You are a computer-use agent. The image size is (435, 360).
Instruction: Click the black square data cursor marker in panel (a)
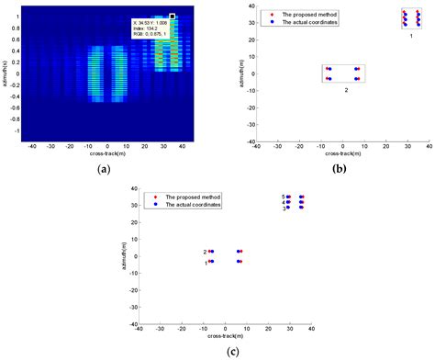click(172, 16)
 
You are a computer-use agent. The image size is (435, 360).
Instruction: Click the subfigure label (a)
click(103, 167)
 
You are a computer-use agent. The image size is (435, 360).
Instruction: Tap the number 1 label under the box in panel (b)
click(410, 34)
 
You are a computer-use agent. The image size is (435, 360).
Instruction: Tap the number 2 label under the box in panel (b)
click(346, 90)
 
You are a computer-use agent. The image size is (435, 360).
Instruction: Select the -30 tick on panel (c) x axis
click(162, 329)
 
